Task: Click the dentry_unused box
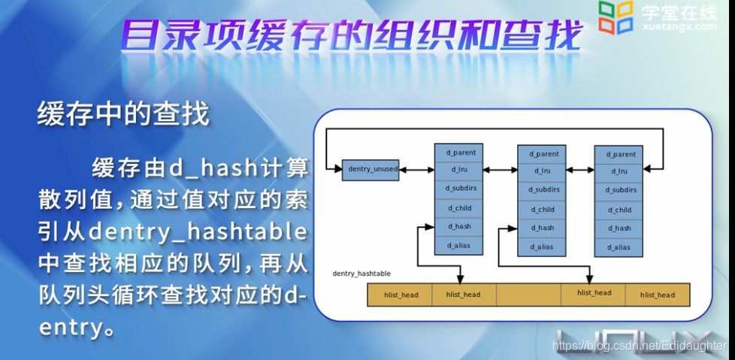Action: click(x=371, y=169)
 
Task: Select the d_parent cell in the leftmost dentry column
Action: click(x=459, y=152)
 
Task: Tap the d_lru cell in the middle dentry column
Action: click(x=541, y=171)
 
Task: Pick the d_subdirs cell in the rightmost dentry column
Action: click(x=619, y=191)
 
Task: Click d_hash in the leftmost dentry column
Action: click(x=459, y=225)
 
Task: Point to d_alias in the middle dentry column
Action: click(x=541, y=246)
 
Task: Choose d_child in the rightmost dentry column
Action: click(x=619, y=210)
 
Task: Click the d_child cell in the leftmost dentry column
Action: click(x=459, y=207)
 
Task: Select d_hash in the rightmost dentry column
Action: click(x=619, y=228)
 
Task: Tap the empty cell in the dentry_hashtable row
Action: click(x=528, y=295)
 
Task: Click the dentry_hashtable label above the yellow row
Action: click(x=361, y=274)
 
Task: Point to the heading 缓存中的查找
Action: click(x=122, y=115)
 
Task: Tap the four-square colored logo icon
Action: click(x=616, y=17)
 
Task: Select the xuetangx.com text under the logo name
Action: click(x=680, y=27)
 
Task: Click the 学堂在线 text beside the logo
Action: click(x=679, y=11)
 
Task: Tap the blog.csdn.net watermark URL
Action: click(x=640, y=345)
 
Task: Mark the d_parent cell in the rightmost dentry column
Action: click(x=619, y=154)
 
